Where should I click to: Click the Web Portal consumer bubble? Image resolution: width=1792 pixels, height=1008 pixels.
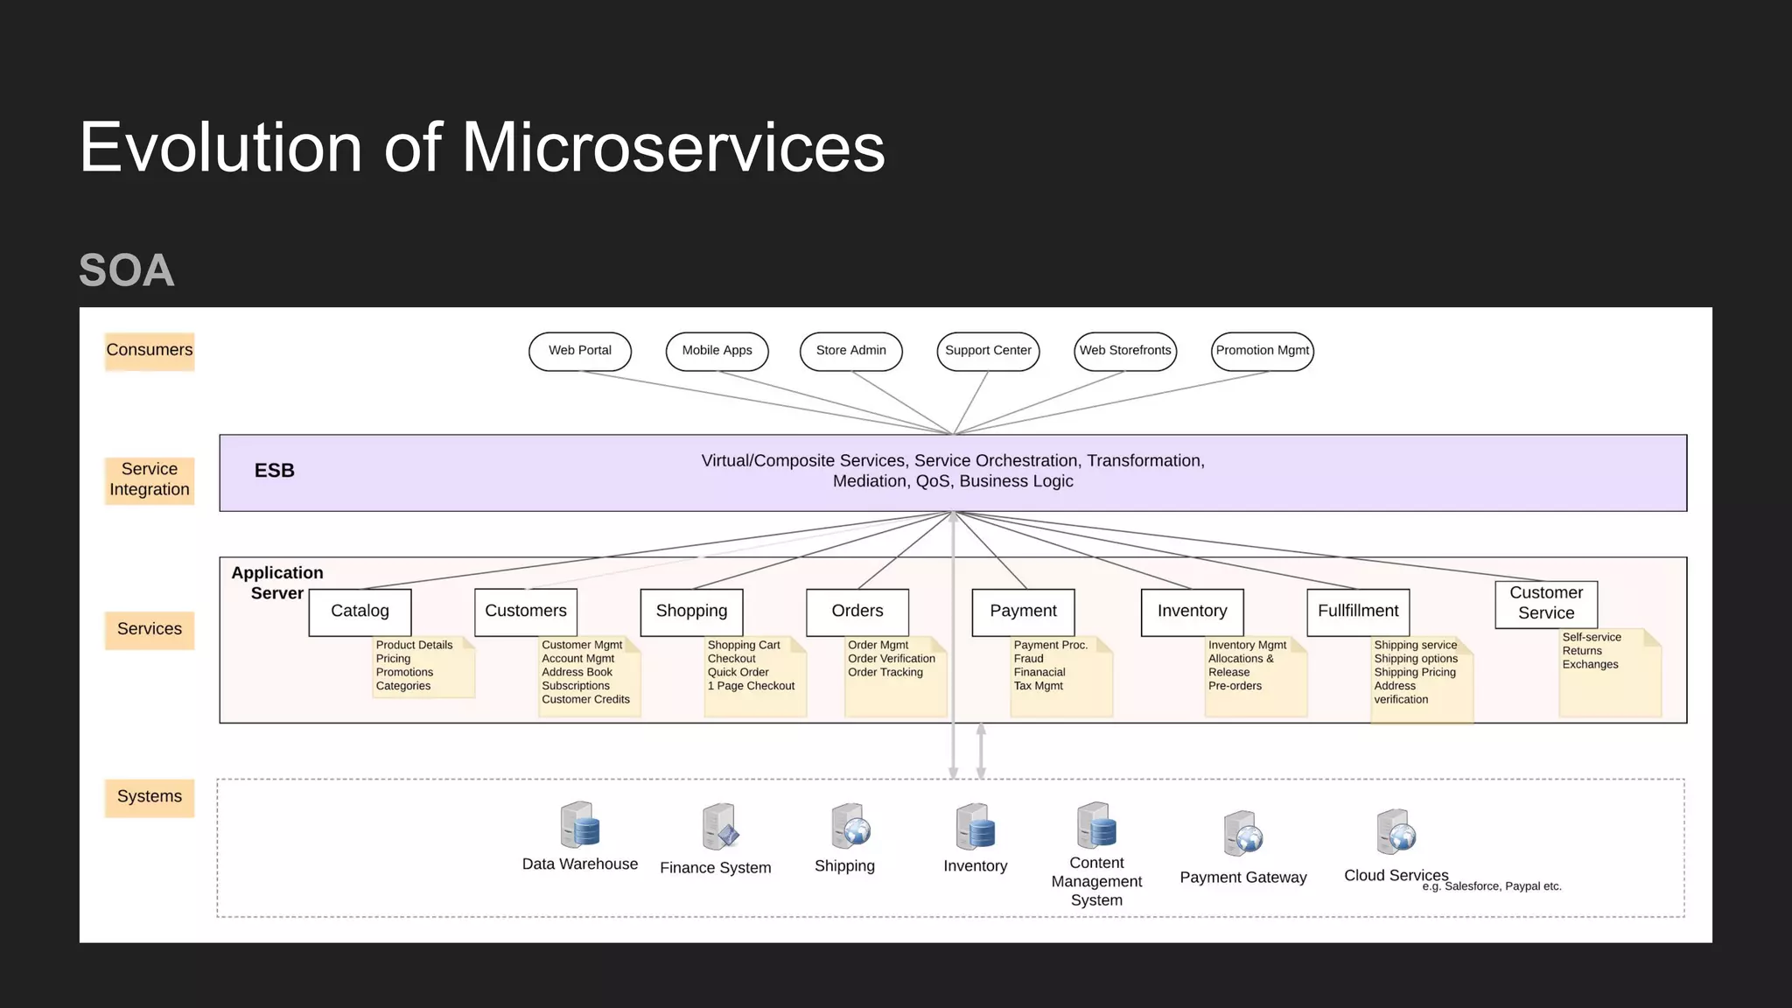coord(579,351)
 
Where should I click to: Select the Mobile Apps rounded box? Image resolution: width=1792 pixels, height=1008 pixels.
coord(717,351)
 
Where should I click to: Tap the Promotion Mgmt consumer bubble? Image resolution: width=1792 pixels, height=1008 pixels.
coord(1262,351)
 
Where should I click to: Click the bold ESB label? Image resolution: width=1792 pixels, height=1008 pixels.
coord(274,471)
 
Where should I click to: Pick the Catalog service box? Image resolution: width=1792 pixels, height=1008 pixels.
coord(360,612)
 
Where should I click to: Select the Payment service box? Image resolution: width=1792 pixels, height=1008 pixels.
coord(1023,612)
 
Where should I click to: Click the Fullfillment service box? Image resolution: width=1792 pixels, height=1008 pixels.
coord(1358,612)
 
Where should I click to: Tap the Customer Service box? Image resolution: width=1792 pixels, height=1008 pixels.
coord(1545,604)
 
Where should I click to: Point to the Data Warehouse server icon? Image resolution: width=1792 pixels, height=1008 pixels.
coord(579,824)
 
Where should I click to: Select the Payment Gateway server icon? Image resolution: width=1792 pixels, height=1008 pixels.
coord(1242,834)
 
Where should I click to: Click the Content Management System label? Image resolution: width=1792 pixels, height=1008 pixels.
coord(1096,881)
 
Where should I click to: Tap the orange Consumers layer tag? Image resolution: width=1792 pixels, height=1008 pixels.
coord(150,351)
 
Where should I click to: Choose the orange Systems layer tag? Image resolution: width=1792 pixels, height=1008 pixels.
coord(150,797)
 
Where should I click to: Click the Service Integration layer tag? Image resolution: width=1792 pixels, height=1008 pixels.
coord(150,479)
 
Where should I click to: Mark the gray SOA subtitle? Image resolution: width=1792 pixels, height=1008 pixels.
coord(127,270)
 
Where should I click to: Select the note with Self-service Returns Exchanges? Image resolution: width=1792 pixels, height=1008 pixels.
coord(1609,672)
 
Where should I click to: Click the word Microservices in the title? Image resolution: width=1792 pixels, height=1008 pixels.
coord(673,147)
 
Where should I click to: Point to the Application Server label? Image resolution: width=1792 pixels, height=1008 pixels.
coord(276,583)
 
